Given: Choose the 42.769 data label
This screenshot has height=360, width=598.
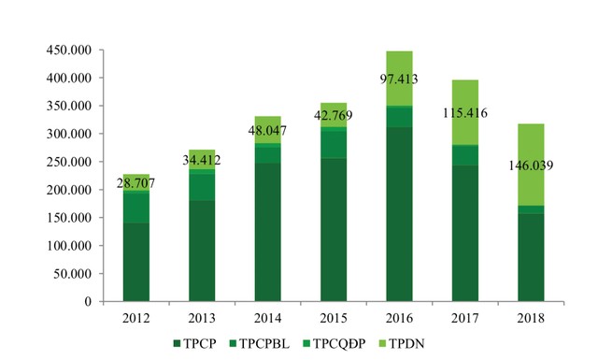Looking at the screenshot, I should pyautogui.click(x=334, y=116).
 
